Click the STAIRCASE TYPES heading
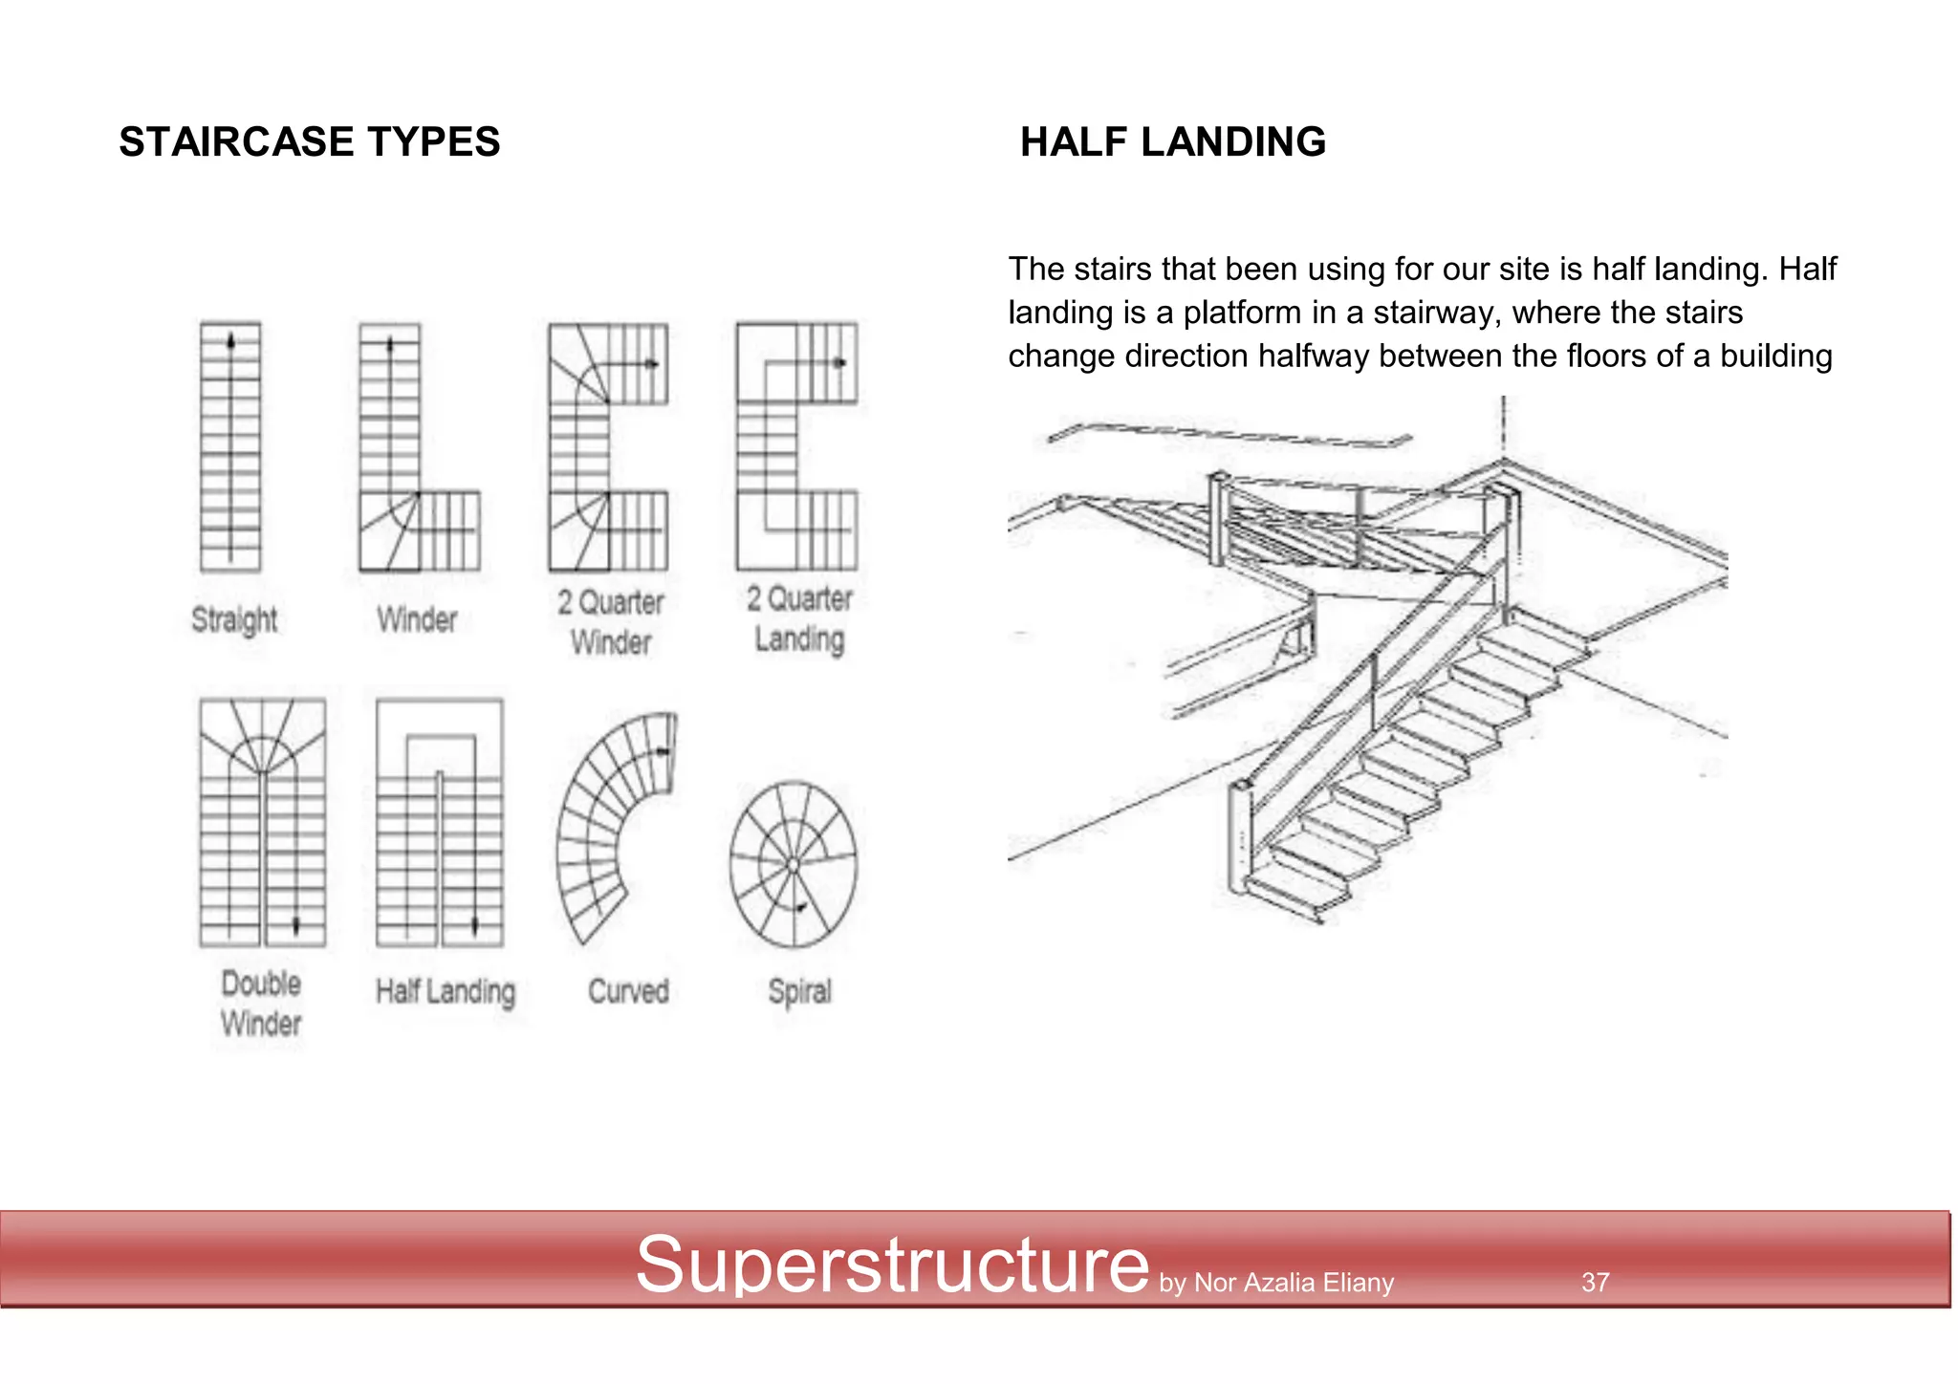coord(309,141)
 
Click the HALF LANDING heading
coord(1172,141)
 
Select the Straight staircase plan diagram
coord(230,446)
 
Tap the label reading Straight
coord(234,619)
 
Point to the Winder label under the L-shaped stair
coord(417,619)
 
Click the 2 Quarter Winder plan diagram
coord(608,446)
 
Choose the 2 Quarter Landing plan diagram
coord(796,446)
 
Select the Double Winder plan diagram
coord(262,822)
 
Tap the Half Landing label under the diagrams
coord(445,991)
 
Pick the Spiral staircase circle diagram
coord(794,864)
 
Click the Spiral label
coord(799,991)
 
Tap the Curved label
coord(628,991)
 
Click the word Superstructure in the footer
coord(891,1265)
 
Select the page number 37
coord(1595,1282)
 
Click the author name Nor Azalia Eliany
coord(1294,1283)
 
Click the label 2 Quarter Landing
coord(799,618)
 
